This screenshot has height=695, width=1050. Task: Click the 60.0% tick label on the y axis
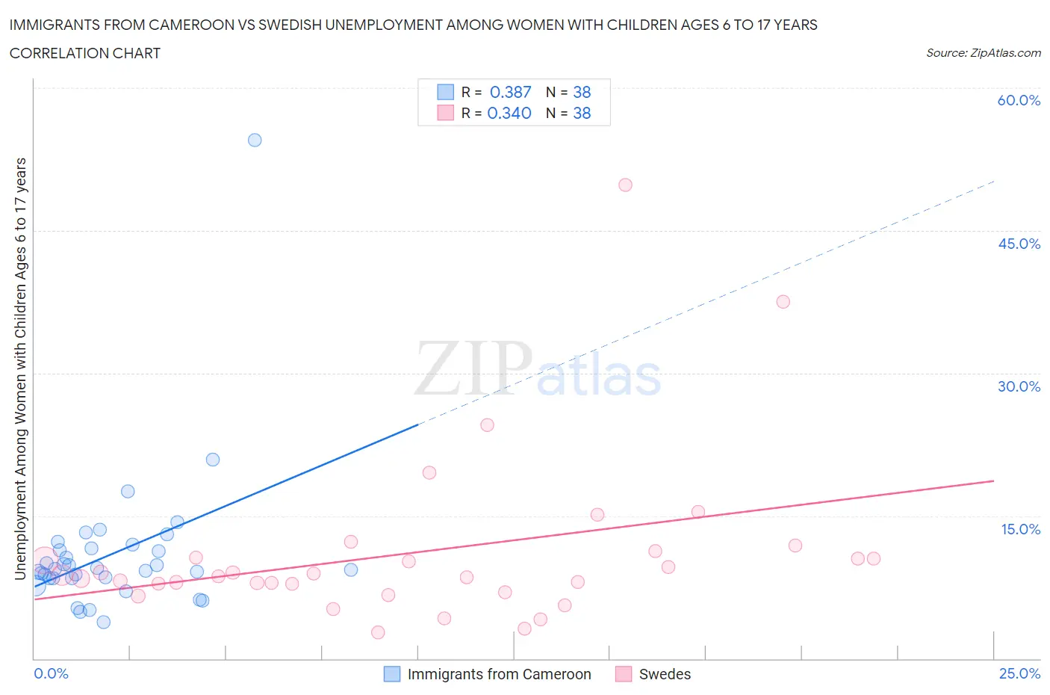[x=1019, y=100]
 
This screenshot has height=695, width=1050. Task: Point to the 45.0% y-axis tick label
[x=1019, y=244]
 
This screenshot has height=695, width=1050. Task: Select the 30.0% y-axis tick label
[x=1019, y=386]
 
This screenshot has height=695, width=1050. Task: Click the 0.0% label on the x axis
[x=51, y=673]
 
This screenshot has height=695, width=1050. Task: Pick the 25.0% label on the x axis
[x=1019, y=673]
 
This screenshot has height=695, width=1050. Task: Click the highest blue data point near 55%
[x=255, y=140]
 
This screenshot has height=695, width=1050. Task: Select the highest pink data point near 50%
[x=625, y=185]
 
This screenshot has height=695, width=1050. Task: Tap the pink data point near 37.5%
[x=783, y=302]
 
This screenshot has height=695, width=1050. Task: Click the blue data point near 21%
[x=213, y=460]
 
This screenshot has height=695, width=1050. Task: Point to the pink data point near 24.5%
[x=487, y=424]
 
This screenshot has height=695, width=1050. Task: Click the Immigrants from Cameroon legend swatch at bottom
[x=392, y=674]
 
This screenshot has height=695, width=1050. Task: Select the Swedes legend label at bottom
[x=665, y=674]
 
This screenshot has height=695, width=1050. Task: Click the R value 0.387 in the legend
[x=510, y=92]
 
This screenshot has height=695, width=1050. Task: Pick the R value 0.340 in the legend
[x=509, y=113]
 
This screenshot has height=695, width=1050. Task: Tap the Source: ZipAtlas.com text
[x=983, y=52]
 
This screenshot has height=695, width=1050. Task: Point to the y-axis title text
[x=20, y=368]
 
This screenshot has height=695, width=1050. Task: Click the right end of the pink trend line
[x=993, y=481]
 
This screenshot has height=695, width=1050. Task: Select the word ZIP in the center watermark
[x=473, y=368]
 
